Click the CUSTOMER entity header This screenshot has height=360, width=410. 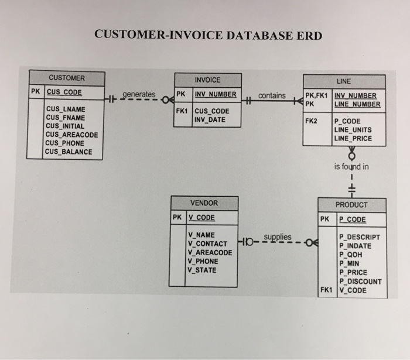(x=66, y=78)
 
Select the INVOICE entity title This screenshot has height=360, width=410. (x=207, y=80)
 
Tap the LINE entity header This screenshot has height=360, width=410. (x=344, y=81)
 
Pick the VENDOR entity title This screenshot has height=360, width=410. (x=204, y=203)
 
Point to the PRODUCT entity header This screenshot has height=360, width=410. (x=351, y=205)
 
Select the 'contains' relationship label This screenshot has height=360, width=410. (x=272, y=95)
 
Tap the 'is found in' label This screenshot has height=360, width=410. (x=351, y=166)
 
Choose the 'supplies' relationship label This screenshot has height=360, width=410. (x=277, y=237)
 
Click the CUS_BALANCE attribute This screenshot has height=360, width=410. (x=69, y=152)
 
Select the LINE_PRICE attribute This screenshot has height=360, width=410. (x=353, y=139)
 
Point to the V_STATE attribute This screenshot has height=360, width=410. (x=202, y=270)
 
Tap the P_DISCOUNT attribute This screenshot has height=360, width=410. (x=360, y=281)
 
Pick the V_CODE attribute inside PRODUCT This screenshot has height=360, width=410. (x=353, y=290)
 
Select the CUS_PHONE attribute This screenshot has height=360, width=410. (x=65, y=143)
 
